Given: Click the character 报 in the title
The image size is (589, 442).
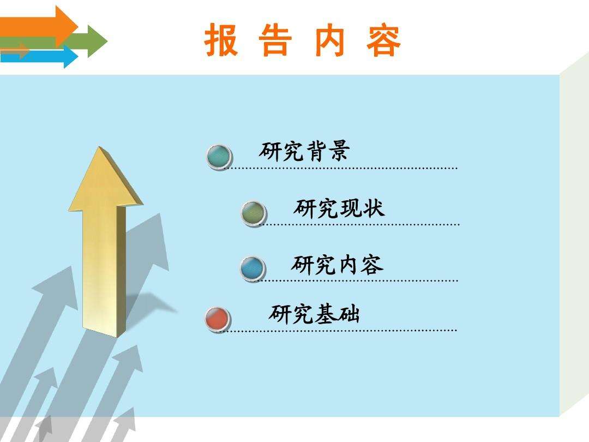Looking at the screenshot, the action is tap(221, 40).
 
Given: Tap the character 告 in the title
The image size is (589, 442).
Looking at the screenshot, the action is tap(275, 40).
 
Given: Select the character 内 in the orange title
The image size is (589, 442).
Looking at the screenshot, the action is tap(330, 40).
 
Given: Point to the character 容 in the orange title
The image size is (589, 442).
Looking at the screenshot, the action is tap(383, 40).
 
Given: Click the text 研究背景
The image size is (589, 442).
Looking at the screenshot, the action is tap(304, 151).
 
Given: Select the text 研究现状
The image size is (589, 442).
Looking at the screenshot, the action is tap(339, 208).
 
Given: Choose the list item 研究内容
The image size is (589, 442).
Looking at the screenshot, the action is tap(338, 264).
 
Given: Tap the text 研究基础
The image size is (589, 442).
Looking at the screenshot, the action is tap(315, 314).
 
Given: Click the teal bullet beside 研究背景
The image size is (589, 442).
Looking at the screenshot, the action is tap(219, 157).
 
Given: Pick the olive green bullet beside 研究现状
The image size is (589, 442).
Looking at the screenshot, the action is tap(254, 213).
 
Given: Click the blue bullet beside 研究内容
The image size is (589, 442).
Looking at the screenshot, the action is tap(253, 268).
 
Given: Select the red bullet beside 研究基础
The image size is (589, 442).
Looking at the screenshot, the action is tap(218, 319).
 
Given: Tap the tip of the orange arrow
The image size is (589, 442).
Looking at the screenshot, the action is tap(78, 27).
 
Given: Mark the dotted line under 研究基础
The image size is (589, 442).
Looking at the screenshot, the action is tap(338, 331).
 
